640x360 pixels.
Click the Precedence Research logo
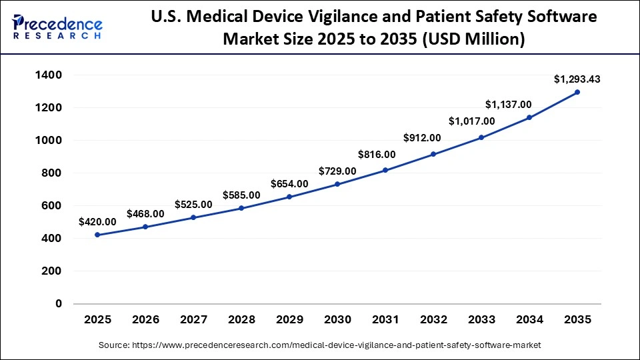point(57,25)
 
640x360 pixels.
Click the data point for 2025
point(97,235)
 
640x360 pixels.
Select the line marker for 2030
point(337,184)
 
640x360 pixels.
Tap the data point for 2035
point(577,92)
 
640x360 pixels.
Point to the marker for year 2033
point(481,137)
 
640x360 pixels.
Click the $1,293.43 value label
point(577,79)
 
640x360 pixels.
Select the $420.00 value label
point(97,222)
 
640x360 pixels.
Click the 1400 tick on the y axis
point(49,75)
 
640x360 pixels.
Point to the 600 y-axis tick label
point(53,206)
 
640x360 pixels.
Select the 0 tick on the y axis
point(59,304)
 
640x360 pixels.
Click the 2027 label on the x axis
point(193,320)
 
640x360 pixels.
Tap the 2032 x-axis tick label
point(433,320)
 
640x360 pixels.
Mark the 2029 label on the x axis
point(289,320)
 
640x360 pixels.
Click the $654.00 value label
point(289,184)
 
